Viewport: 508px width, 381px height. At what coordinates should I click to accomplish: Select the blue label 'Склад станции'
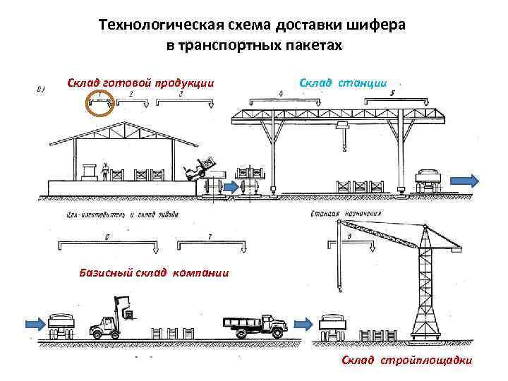[343, 83]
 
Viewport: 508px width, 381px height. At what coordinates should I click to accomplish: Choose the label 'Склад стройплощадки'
[407, 361]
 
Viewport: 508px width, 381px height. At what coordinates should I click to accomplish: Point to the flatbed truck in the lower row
[255, 325]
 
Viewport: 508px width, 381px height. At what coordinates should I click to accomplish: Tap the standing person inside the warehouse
[106, 170]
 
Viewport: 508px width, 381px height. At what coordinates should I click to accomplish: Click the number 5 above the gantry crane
[392, 92]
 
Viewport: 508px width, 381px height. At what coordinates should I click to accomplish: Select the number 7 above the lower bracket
[209, 236]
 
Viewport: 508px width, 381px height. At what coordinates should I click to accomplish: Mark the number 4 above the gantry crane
[281, 92]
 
